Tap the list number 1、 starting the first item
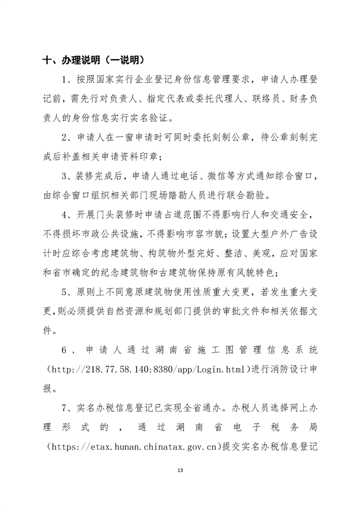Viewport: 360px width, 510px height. (x=68, y=78)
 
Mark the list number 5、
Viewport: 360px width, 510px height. (x=68, y=292)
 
